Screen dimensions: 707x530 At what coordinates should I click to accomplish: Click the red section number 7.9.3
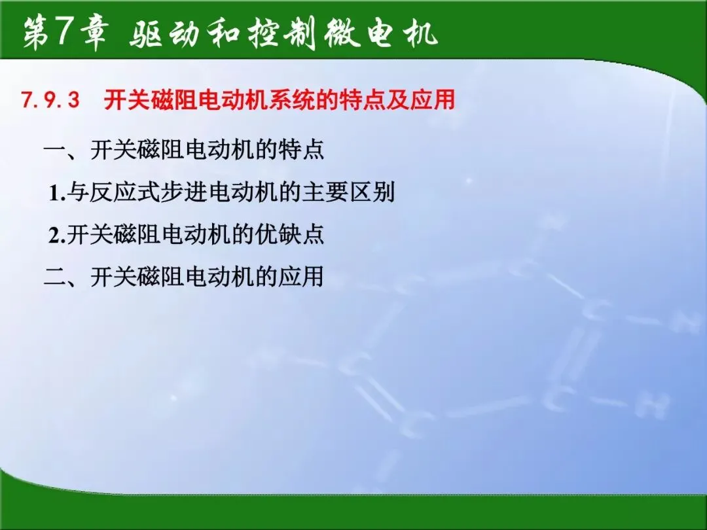pos(50,99)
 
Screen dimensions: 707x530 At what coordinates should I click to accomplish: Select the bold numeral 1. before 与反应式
pos(57,193)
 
